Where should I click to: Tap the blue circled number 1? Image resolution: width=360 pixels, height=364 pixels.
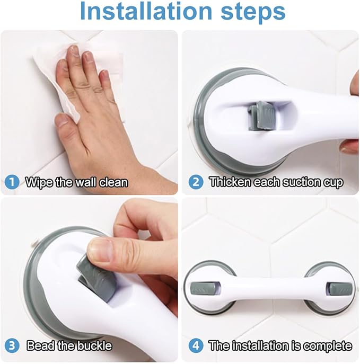coord(12,182)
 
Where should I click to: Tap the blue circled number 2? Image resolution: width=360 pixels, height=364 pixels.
coord(196,182)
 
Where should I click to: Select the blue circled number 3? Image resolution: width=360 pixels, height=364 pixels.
coord(12,345)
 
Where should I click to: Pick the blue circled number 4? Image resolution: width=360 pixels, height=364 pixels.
coord(196,345)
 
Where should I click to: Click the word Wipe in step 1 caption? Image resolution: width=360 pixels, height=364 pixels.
coord(38,182)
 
